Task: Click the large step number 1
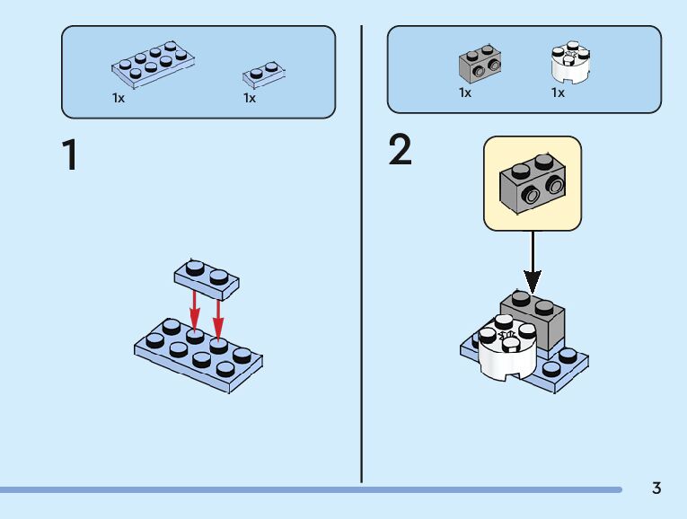pos(70,154)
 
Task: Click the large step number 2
pos(400,149)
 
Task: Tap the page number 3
pos(656,488)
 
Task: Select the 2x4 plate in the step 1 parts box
pos(153,65)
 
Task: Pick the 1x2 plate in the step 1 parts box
pos(264,75)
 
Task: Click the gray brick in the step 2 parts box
pos(480,64)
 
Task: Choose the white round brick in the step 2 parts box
pos(570,62)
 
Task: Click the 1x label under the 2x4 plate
pos(119,98)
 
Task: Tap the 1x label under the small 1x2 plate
pos(250,98)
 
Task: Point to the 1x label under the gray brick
pos(465,92)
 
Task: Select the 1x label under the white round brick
pos(558,92)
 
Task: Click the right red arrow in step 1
pos(218,321)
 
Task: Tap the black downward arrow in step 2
pos(533,262)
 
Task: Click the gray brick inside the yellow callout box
pos(533,183)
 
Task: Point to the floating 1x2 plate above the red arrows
pos(207,280)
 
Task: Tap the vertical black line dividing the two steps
pos(362,254)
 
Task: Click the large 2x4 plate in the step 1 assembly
pos(198,356)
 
